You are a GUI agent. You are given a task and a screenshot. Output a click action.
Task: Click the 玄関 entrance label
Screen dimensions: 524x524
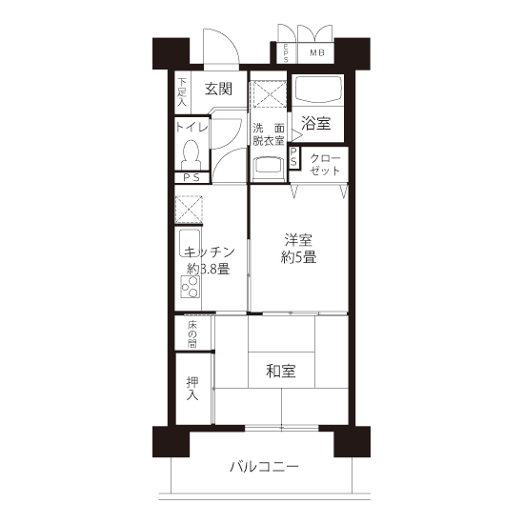point(218,90)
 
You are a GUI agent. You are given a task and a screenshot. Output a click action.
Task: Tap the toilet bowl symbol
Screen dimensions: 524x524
point(191,154)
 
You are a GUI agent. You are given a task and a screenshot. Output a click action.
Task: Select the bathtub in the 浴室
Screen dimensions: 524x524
point(318,90)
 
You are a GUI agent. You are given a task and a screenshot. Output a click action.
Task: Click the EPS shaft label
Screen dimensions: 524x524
point(286,53)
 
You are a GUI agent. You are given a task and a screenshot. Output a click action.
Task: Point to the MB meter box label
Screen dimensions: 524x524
point(317,52)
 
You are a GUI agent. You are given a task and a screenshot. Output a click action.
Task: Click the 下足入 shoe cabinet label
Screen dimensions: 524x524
point(182,92)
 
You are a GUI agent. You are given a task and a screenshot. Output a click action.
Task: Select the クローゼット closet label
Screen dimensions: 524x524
point(325,165)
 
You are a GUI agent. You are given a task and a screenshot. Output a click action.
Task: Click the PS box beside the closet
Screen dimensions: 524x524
point(293,158)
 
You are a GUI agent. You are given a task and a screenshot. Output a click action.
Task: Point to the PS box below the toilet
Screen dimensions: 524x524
point(191,177)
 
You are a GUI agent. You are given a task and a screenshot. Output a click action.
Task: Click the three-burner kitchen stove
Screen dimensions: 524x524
point(191,287)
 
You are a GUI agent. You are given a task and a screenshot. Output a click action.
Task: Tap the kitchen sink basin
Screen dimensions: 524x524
point(190,243)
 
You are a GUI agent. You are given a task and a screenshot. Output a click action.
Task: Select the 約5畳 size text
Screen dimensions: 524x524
point(298,257)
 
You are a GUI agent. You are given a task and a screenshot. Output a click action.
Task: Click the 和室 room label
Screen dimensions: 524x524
point(281,371)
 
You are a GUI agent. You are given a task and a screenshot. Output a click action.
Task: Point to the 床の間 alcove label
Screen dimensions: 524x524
point(192,334)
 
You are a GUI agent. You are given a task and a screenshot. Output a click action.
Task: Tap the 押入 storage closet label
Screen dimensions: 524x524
point(192,389)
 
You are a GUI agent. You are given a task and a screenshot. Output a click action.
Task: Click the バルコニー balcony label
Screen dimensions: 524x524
point(264,467)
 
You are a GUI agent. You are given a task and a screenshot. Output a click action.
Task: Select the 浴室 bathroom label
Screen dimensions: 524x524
point(315,123)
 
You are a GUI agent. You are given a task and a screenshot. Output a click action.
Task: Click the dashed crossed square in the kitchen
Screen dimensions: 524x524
point(189,210)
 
